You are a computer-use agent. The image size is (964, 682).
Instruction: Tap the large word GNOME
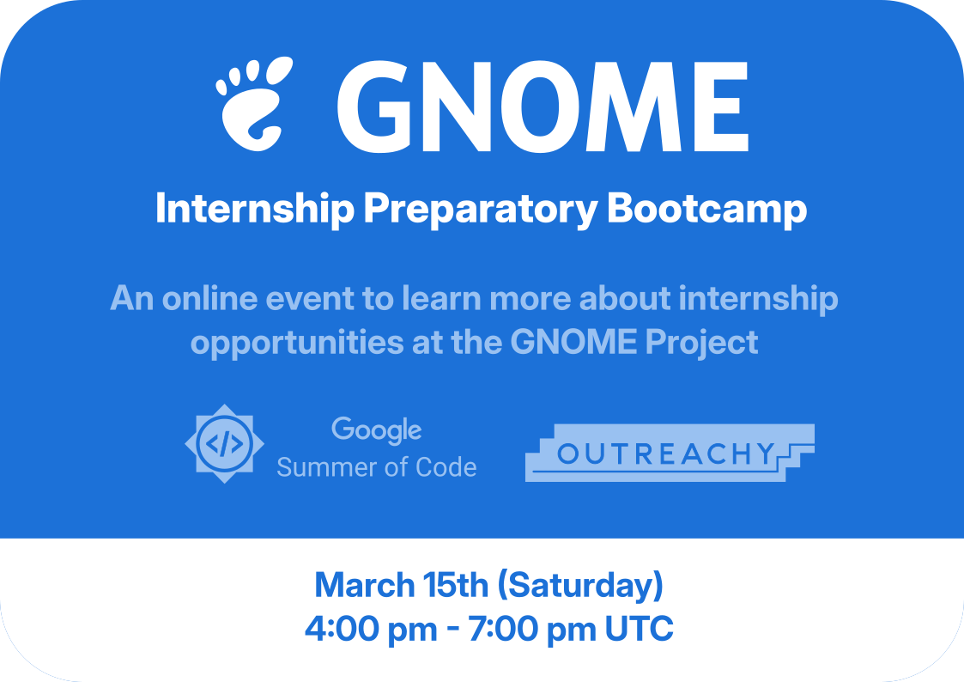[x=543, y=107]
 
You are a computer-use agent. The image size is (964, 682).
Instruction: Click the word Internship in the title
[x=255, y=210]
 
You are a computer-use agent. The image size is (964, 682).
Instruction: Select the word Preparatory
[x=480, y=210]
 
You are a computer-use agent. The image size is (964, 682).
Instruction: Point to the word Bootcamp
[x=707, y=210]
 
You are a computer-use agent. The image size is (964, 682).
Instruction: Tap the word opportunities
[x=297, y=344]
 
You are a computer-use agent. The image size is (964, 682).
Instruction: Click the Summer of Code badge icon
[x=224, y=443]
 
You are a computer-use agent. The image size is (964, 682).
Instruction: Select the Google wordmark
[x=376, y=429]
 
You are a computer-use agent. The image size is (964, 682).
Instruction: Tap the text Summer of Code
[x=376, y=467]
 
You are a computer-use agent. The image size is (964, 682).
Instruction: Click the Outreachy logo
[x=670, y=453]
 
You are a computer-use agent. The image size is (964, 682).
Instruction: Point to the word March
[x=365, y=585]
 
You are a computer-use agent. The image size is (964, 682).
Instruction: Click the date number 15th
[x=455, y=585]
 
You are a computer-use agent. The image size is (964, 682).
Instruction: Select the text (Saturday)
[x=580, y=586]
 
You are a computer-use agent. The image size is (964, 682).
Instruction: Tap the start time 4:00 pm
[x=371, y=630]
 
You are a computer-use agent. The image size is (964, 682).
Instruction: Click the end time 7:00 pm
[x=532, y=630]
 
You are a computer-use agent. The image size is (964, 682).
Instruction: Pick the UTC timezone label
[x=640, y=629]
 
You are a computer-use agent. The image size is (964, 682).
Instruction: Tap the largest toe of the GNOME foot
[x=279, y=71]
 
